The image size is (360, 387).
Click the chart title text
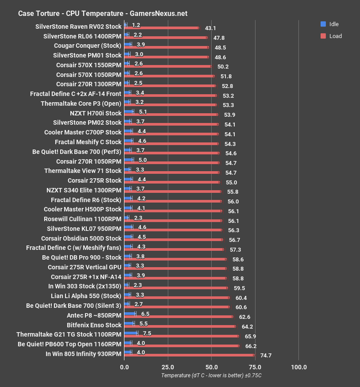click(x=103, y=13)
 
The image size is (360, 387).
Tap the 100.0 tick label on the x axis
click(x=298, y=367)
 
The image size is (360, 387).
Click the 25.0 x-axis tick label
click(x=167, y=367)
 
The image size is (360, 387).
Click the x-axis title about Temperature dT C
click(x=211, y=376)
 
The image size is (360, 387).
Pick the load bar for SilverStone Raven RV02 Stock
click(x=162, y=28)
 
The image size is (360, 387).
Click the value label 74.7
click(x=266, y=355)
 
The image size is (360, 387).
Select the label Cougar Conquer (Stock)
click(x=88, y=45)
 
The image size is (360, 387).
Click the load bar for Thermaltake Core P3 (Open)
click(x=170, y=105)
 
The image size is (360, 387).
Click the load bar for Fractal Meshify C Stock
click(x=171, y=143)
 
